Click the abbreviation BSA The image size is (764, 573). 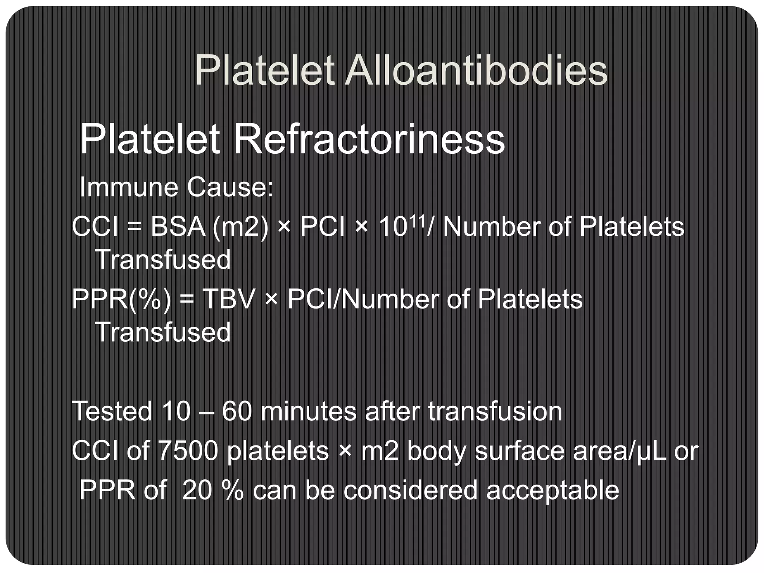tap(178, 227)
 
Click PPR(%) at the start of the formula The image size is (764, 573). tap(122, 299)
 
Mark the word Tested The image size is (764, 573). tap(112, 411)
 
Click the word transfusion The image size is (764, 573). tap(495, 411)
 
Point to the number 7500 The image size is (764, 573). tap(188, 451)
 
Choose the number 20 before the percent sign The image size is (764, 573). tap(197, 490)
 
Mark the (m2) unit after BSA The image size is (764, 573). tap(240, 227)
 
